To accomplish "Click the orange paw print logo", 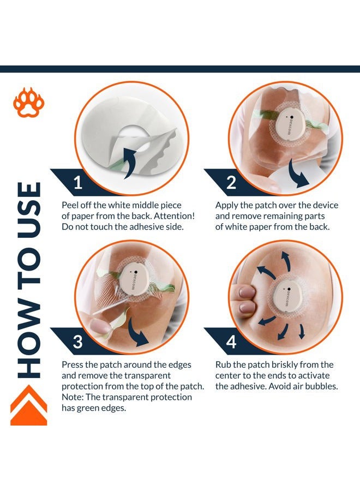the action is coord(29,103).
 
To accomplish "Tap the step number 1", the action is coord(78,182).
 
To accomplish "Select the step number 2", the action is coord(231,182).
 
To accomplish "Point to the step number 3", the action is coord(77,342).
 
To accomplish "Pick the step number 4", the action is coord(231,342).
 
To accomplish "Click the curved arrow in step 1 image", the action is coord(133,163).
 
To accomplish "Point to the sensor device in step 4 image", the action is coord(285,297).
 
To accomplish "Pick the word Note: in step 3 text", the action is coord(73,397).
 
